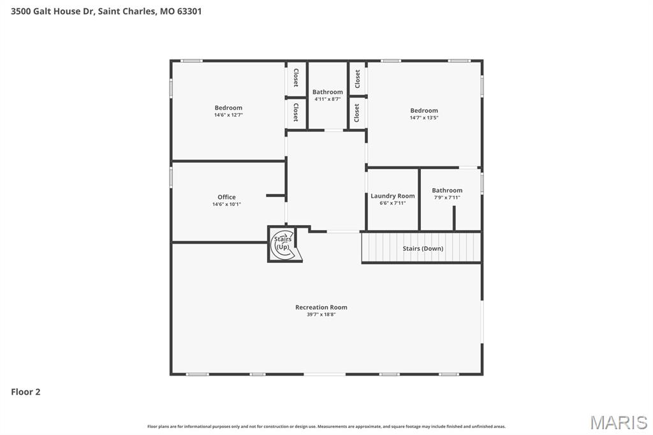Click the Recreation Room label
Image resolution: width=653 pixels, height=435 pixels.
(321, 307)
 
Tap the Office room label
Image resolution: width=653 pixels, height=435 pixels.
(226, 197)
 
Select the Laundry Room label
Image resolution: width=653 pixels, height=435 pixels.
(392, 196)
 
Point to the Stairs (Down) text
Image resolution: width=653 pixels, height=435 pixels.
(423, 248)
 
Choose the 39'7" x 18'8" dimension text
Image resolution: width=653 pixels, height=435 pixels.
(321, 314)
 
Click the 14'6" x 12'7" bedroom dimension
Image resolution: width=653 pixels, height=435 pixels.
(228, 115)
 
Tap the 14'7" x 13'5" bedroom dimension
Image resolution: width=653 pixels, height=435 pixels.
(424, 117)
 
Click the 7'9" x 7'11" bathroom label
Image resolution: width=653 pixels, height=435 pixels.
(447, 197)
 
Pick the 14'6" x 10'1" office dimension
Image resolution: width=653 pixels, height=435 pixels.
(226, 204)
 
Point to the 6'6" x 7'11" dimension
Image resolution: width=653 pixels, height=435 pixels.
(392, 203)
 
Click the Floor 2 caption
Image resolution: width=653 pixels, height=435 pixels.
(26, 392)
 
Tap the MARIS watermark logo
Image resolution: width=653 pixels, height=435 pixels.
(619, 422)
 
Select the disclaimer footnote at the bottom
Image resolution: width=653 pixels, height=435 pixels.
(326, 426)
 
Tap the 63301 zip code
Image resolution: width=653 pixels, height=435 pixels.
(189, 11)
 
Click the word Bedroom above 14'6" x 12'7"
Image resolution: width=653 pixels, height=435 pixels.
(228, 108)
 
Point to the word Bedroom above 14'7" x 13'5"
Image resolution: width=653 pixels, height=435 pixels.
(424, 110)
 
